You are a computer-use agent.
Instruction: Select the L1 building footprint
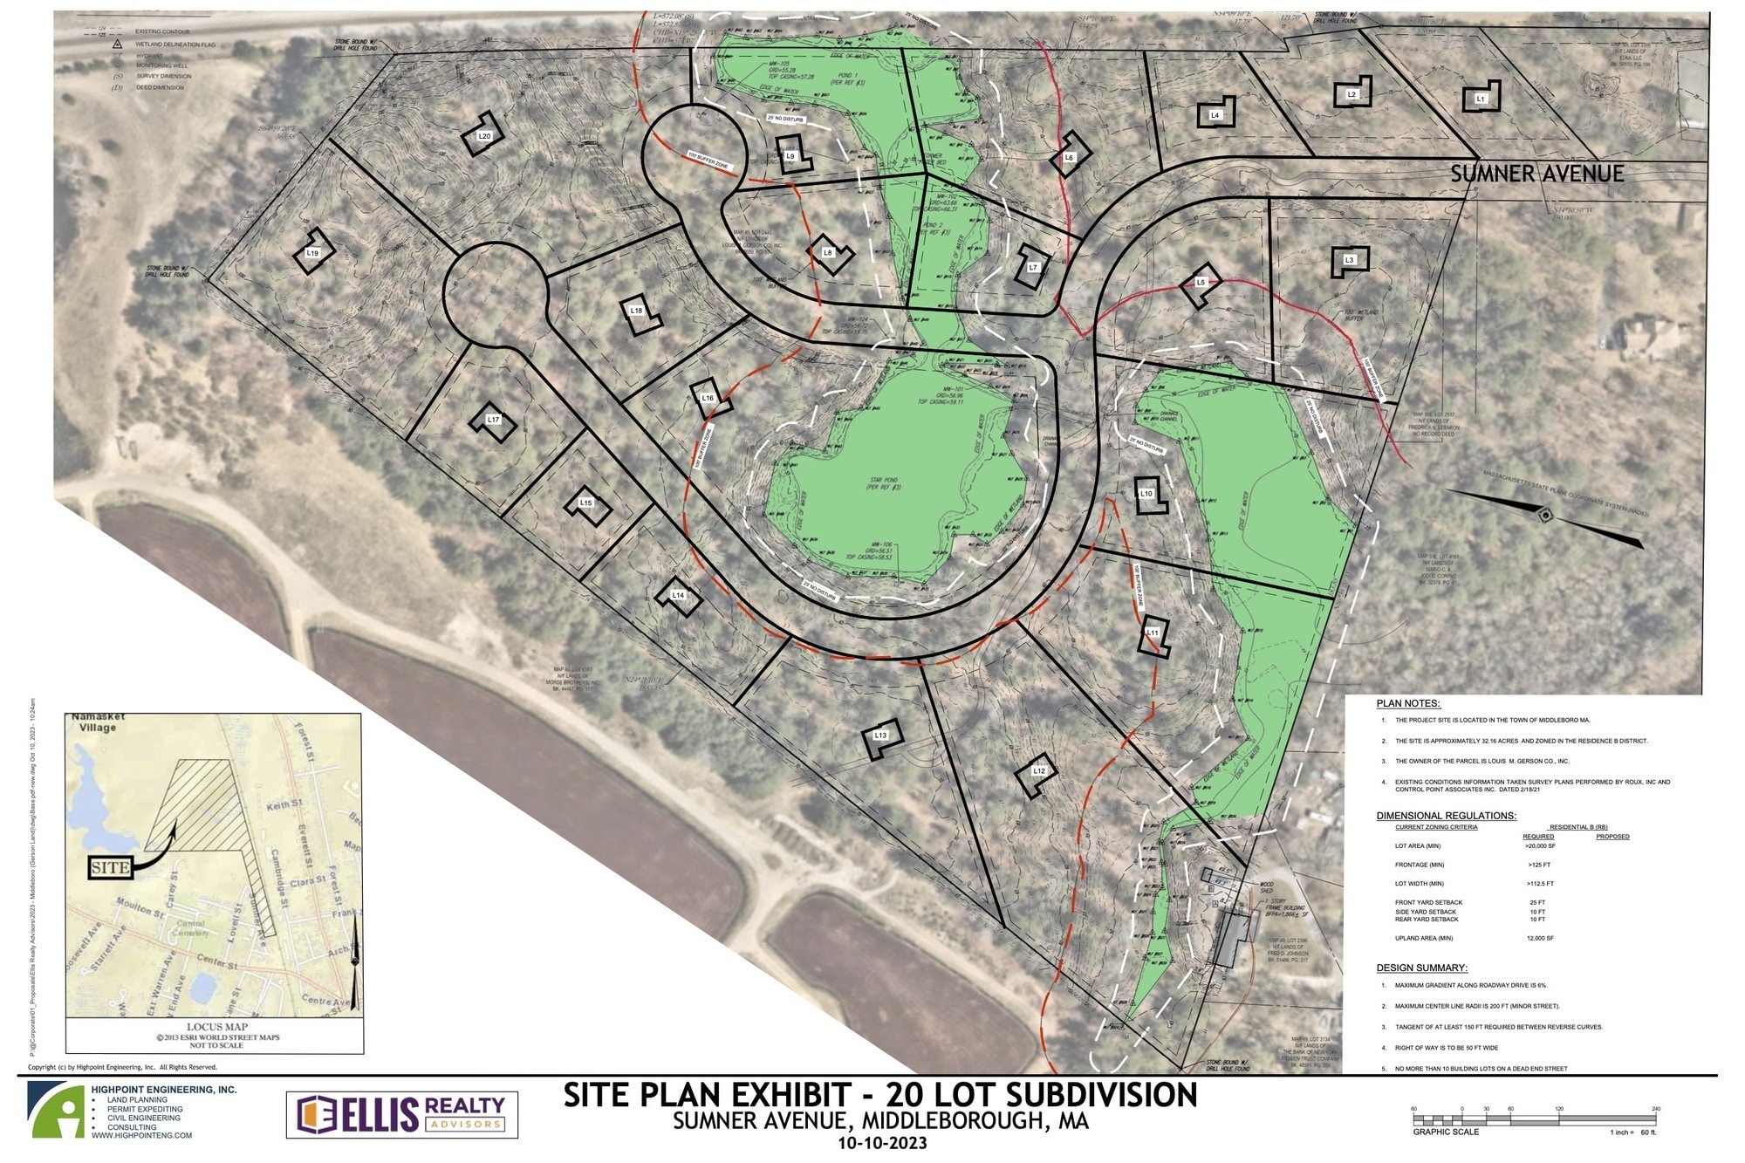1481,98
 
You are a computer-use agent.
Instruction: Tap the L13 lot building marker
882,736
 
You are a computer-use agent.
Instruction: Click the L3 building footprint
1349,261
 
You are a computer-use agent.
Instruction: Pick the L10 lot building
1147,495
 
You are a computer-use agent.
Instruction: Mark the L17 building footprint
494,421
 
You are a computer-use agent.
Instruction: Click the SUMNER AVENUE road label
1536,174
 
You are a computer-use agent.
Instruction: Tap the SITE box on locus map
110,867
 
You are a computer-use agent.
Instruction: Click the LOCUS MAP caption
216,1027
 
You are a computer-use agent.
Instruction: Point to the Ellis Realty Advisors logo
402,1114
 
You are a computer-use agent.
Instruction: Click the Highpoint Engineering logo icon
56,1110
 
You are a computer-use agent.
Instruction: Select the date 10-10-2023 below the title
881,1143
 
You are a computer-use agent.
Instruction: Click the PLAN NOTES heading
1407,703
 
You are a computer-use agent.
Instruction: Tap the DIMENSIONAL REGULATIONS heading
1446,816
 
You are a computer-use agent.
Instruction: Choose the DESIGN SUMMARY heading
1421,968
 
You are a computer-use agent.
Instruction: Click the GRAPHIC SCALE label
1445,1132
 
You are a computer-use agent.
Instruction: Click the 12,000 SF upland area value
1540,938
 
